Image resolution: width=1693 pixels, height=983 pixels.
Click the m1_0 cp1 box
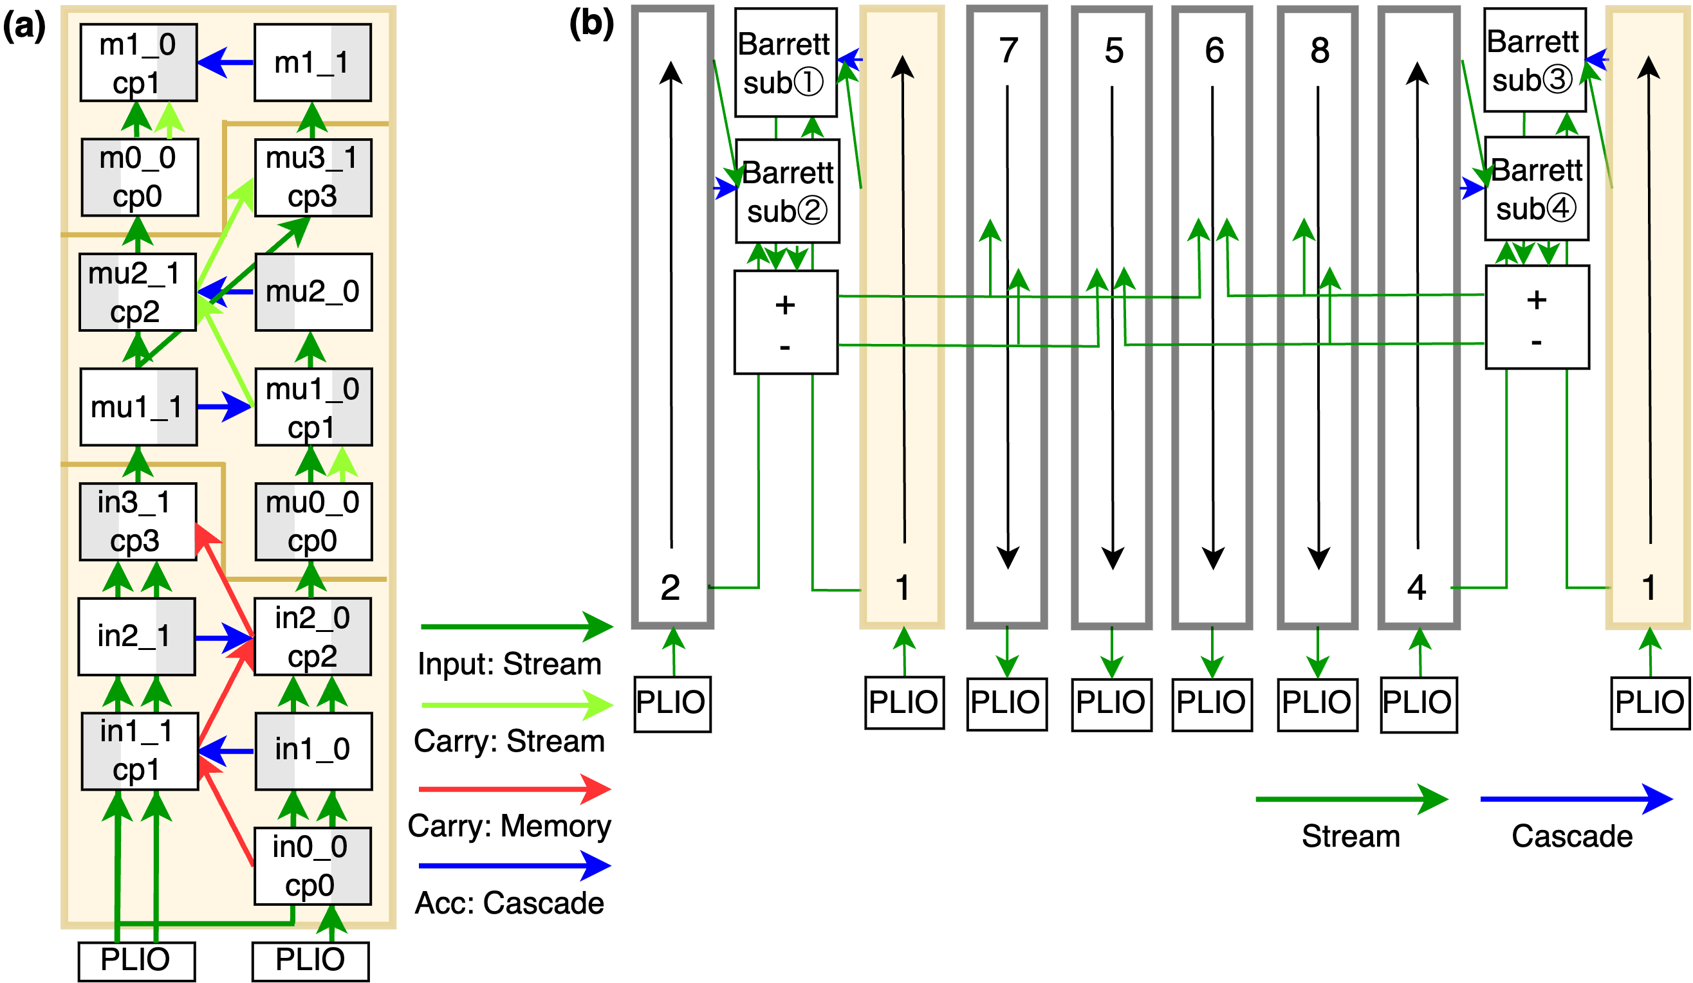138,63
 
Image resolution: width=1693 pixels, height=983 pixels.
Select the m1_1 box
312,63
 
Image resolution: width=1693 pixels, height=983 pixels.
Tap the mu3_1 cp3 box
313,178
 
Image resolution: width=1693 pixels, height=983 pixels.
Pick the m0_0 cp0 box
140,178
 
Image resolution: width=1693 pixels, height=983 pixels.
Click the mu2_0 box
313,292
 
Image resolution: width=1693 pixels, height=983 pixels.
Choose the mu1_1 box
138,407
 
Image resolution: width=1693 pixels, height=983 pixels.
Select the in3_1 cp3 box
138,521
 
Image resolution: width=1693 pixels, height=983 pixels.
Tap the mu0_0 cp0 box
314,521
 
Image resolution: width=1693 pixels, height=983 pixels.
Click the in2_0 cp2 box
312,636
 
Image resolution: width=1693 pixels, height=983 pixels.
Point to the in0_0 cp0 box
312,866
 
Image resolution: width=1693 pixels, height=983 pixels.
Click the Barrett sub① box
785,63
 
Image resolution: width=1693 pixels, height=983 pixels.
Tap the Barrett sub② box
788,192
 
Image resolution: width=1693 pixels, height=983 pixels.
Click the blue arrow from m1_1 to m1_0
226,62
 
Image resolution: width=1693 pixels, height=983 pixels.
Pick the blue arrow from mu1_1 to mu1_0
225,407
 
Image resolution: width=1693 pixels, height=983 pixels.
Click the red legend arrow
514,789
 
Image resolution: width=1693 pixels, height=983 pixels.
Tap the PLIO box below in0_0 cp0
310,960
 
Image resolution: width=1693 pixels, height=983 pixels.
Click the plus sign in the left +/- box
784,305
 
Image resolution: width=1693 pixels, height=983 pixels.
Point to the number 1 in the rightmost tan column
1648,588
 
